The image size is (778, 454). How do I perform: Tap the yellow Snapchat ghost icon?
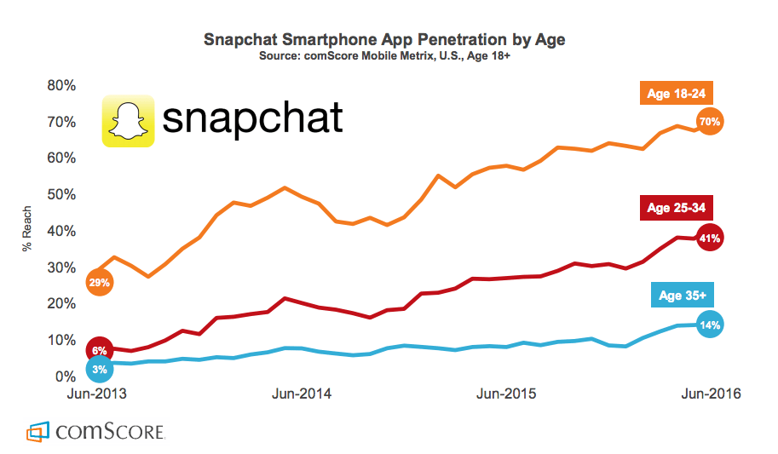pyautogui.click(x=128, y=121)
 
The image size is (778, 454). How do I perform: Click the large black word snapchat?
pyautogui.click(x=252, y=118)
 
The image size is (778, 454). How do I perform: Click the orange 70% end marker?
pyautogui.click(x=710, y=122)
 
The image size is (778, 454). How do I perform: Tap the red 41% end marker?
pyautogui.click(x=710, y=238)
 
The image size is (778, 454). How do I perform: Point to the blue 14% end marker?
pyautogui.click(x=710, y=325)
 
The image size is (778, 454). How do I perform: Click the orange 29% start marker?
pyautogui.click(x=99, y=281)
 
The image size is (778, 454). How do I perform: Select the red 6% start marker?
pyautogui.click(x=99, y=349)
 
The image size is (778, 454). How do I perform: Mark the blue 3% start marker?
pyautogui.click(x=99, y=369)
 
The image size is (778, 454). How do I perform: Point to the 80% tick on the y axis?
pyautogui.click(x=61, y=86)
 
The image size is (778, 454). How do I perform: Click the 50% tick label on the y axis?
pyautogui.click(x=61, y=195)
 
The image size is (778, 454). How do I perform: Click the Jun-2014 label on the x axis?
pyautogui.click(x=301, y=394)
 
